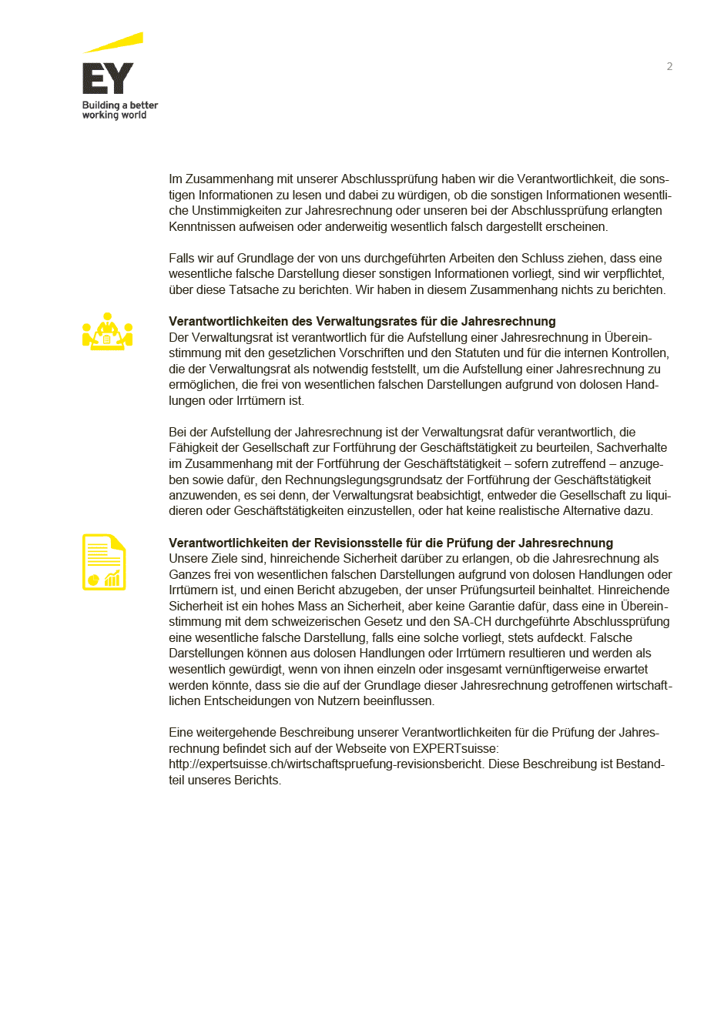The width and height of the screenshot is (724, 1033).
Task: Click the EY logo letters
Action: pos(108,79)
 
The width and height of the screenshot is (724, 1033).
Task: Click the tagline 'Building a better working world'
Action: pos(119,110)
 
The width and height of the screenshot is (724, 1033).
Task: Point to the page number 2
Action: pos(669,66)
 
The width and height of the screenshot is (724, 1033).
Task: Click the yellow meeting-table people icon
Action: pos(107,332)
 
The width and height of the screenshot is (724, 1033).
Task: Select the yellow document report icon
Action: pos(104,563)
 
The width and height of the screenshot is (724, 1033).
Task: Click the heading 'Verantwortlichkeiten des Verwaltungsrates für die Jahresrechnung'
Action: pos(362,321)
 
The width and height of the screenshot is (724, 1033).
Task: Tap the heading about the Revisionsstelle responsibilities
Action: pos(390,543)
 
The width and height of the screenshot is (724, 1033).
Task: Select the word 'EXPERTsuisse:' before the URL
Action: pos(455,748)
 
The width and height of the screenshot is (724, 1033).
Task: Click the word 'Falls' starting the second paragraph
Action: pos(182,258)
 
